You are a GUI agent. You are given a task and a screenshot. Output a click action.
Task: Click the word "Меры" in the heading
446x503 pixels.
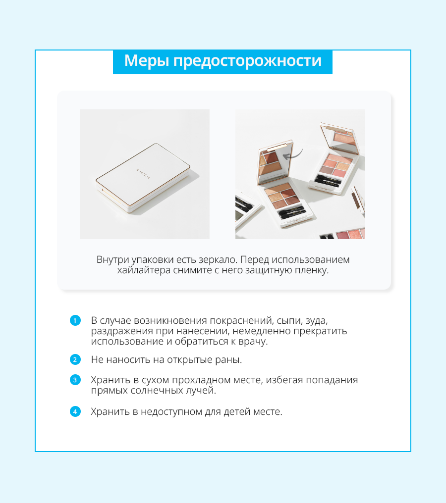pyautogui.click(x=146, y=60)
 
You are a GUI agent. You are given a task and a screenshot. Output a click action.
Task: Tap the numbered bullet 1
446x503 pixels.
pyautogui.click(x=75, y=320)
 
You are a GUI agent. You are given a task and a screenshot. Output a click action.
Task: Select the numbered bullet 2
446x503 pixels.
pyautogui.click(x=75, y=359)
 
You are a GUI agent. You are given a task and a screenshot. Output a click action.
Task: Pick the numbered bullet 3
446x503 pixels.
pyautogui.click(x=75, y=380)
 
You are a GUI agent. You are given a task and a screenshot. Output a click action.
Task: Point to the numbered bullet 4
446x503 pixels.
pyautogui.click(x=75, y=411)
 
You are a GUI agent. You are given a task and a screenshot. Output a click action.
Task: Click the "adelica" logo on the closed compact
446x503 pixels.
pyautogui.click(x=143, y=174)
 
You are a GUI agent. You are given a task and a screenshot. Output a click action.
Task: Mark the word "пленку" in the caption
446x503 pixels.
pyautogui.click(x=314, y=270)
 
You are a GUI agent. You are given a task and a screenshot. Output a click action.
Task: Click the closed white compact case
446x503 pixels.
pyautogui.click(x=143, y=178)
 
